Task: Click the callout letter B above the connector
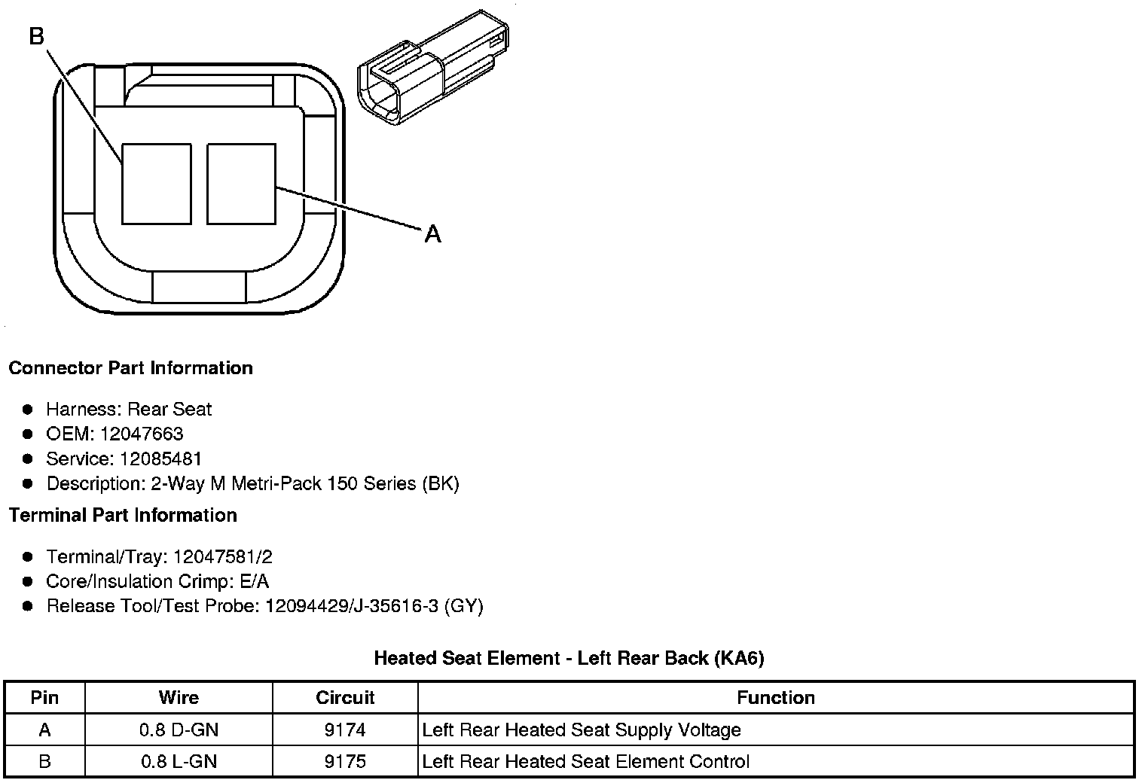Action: (37, 35)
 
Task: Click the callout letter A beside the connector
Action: (432, 234)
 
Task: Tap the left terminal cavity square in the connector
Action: (156, 184)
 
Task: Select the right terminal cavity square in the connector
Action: (241, 184)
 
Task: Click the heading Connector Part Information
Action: (130, 368)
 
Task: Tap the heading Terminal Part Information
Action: (123, 515)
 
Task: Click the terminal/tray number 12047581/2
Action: (222, 557)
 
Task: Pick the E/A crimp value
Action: (252, 581)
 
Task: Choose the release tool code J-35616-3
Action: (386, 606)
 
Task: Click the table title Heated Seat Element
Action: (467, 658)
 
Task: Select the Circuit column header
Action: (345, 698)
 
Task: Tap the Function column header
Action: (776, 698)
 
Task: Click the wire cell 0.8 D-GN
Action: (179, 730)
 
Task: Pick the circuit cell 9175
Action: (345, 761)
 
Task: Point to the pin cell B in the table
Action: (44, 761)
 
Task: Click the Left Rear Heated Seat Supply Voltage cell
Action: (582, 730)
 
